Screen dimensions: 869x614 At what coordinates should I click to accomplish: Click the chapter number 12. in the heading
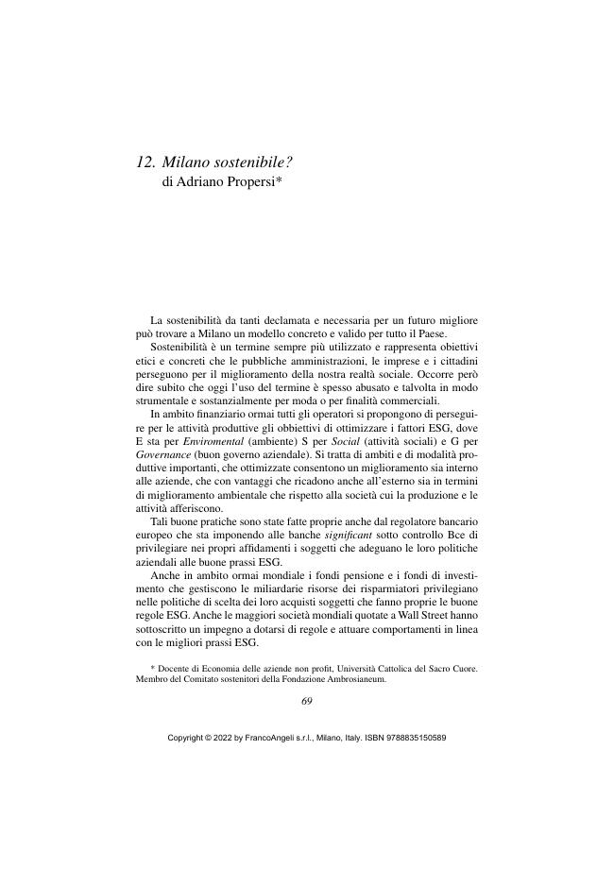(x=145, y=162)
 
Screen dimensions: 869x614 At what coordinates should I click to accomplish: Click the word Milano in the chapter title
(x=188, y=162)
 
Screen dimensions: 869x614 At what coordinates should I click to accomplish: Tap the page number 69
(x=307, y=700)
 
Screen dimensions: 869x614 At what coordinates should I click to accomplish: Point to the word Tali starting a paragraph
(x=161, y=521)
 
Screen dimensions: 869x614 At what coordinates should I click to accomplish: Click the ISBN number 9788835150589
(x=414, y=738)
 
